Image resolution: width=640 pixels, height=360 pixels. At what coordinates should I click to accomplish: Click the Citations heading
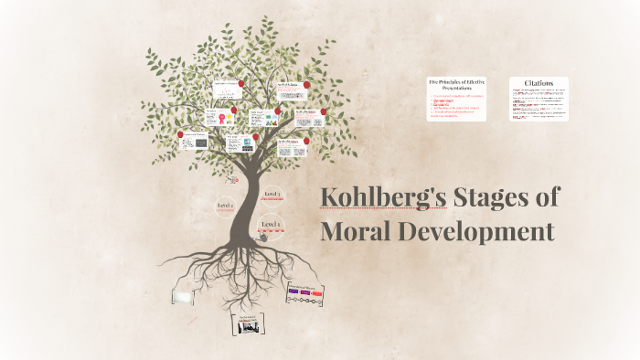(539, 82)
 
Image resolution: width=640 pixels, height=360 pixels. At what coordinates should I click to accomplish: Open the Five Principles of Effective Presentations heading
(457, 86)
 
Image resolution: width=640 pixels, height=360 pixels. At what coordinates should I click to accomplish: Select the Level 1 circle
(271, 224)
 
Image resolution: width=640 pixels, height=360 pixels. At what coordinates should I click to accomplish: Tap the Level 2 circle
(225, 206)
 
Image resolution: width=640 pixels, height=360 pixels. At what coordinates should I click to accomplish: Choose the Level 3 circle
(272, 195)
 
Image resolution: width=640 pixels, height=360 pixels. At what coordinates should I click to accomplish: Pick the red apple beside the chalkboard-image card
(180, 132)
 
